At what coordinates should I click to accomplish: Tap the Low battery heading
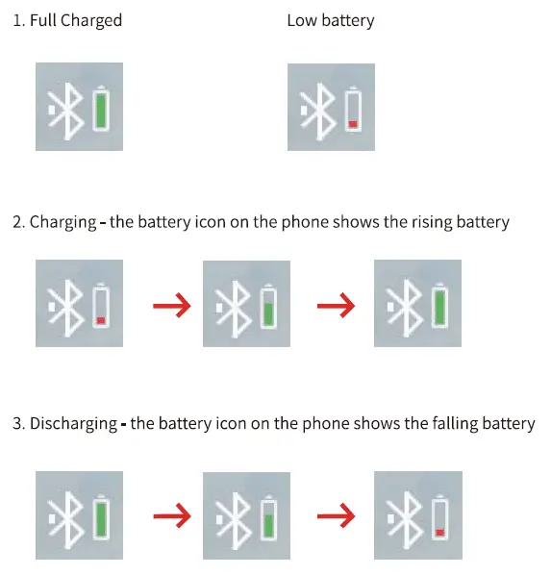(x=331, y=20)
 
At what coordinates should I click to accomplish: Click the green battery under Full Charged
(x=101, y=109)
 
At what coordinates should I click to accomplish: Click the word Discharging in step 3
(x=75, y=424)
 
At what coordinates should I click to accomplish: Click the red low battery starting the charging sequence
(x=100, y=306)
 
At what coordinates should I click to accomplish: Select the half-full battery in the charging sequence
(x=269, y=306)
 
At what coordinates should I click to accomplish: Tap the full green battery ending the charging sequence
(x=440, y=306)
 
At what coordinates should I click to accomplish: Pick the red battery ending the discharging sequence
(x=440, y=517)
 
